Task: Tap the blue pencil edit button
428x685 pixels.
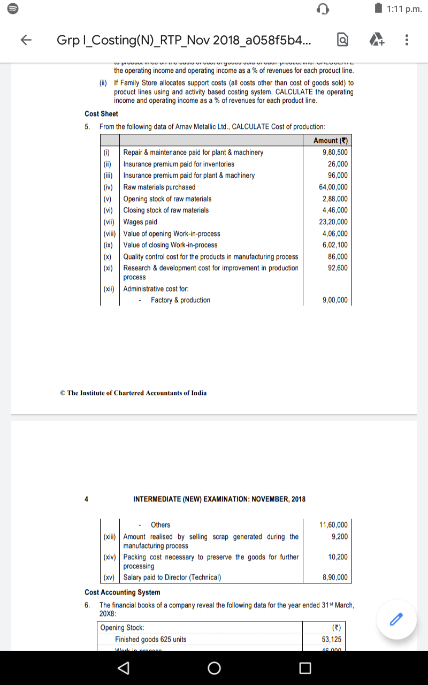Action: point(396,619)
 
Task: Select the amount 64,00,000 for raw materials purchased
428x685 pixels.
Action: point(333,187)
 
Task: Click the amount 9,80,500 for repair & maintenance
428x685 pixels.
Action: point(335,153)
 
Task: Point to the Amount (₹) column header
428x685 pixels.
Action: point(331,140)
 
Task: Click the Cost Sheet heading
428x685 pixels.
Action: point(101,114)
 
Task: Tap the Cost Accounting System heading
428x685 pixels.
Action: point(123,592)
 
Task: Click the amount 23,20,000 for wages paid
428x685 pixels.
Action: point(333,222)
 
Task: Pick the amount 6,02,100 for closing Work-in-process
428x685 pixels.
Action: point(335,245)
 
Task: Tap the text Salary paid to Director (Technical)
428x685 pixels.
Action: point(172,577)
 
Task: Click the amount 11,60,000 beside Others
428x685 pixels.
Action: point(333,525)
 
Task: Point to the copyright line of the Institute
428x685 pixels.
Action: point(133,393)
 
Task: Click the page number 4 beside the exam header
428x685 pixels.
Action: point(86,499)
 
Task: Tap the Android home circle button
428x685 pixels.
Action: point(214,668)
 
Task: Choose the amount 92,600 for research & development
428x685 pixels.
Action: point(338,268)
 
